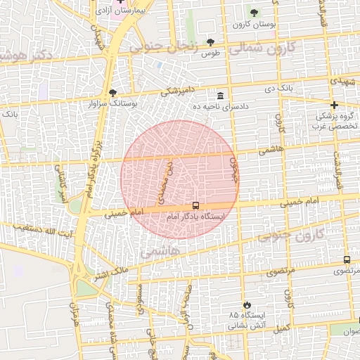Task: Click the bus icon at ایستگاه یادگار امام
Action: click(195, 206)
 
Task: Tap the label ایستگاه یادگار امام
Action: click(195, 218)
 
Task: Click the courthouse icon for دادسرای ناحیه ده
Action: click(221, 96)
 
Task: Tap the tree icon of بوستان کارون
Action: click(254, 13)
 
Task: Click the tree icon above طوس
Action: click(210, 43)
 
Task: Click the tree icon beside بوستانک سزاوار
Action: click(112, 93)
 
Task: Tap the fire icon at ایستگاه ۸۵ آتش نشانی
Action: click(246, 304)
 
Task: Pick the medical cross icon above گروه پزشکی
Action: click(335, 105)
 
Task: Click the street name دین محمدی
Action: click(167, 177)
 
